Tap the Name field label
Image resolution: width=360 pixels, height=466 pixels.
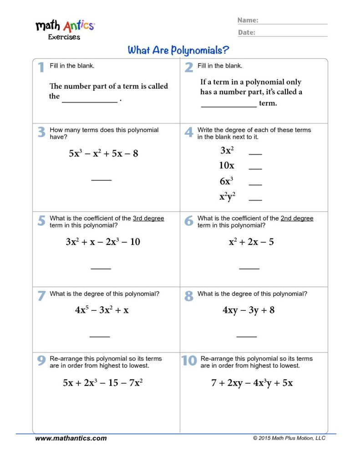248,20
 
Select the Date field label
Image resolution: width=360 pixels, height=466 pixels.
246,32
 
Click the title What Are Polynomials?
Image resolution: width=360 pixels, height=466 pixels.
178,50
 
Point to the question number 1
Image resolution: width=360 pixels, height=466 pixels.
41,67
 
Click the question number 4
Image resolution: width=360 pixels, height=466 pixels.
189,132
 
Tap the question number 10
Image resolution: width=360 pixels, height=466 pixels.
189,360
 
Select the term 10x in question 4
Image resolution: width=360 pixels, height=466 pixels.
227,166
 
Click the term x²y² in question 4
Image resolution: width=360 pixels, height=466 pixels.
227,197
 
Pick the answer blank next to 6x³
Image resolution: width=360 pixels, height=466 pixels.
255,184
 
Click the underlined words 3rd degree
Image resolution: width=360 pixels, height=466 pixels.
148,218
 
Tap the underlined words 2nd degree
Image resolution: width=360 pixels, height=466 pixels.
297,218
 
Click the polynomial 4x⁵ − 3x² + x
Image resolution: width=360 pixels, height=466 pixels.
102,310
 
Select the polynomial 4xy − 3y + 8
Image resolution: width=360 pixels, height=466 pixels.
248,310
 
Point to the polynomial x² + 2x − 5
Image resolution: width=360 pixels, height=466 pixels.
251,242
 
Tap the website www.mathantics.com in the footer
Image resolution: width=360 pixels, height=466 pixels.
71,438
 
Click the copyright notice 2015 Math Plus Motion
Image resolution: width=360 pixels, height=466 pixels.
289,438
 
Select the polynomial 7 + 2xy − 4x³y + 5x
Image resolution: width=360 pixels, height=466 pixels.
252,383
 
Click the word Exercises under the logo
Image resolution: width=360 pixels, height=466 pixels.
64,37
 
